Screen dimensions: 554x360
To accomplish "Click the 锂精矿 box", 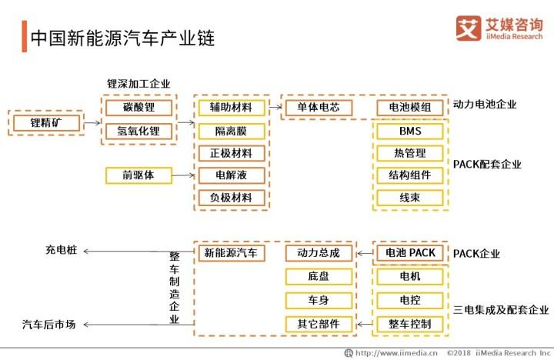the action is [46, 123].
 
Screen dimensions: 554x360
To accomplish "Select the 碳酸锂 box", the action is [138, 108].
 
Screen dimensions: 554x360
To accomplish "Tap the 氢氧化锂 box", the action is [138, 131].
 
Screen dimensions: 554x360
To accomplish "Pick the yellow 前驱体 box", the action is [138, 175].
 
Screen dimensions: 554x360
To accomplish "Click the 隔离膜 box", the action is [232, 131].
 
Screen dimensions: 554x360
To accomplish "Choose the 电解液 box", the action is [232, 175].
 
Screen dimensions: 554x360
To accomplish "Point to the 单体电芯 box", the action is [319, 108].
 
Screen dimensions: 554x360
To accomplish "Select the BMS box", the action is [410, 131].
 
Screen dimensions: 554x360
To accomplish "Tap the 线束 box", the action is [410, 198].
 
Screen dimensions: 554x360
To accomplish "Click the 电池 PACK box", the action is [410, 253].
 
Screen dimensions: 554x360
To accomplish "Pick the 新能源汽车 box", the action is [232, 253].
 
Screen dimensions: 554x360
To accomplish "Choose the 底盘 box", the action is [319, 276].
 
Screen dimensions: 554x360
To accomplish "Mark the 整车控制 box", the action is [410, 324].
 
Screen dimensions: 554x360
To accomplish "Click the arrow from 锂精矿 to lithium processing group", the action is [92, 123].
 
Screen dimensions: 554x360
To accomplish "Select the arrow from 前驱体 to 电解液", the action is [183, 175].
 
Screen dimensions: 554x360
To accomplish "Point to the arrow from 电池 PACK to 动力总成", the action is [365, 253].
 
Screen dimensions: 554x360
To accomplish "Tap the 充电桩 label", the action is [61, 250].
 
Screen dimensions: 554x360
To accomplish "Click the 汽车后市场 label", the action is [48, 325].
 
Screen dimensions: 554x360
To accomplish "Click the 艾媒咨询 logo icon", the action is [469, 28].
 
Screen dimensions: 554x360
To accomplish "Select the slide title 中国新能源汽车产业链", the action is [122, 38].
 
